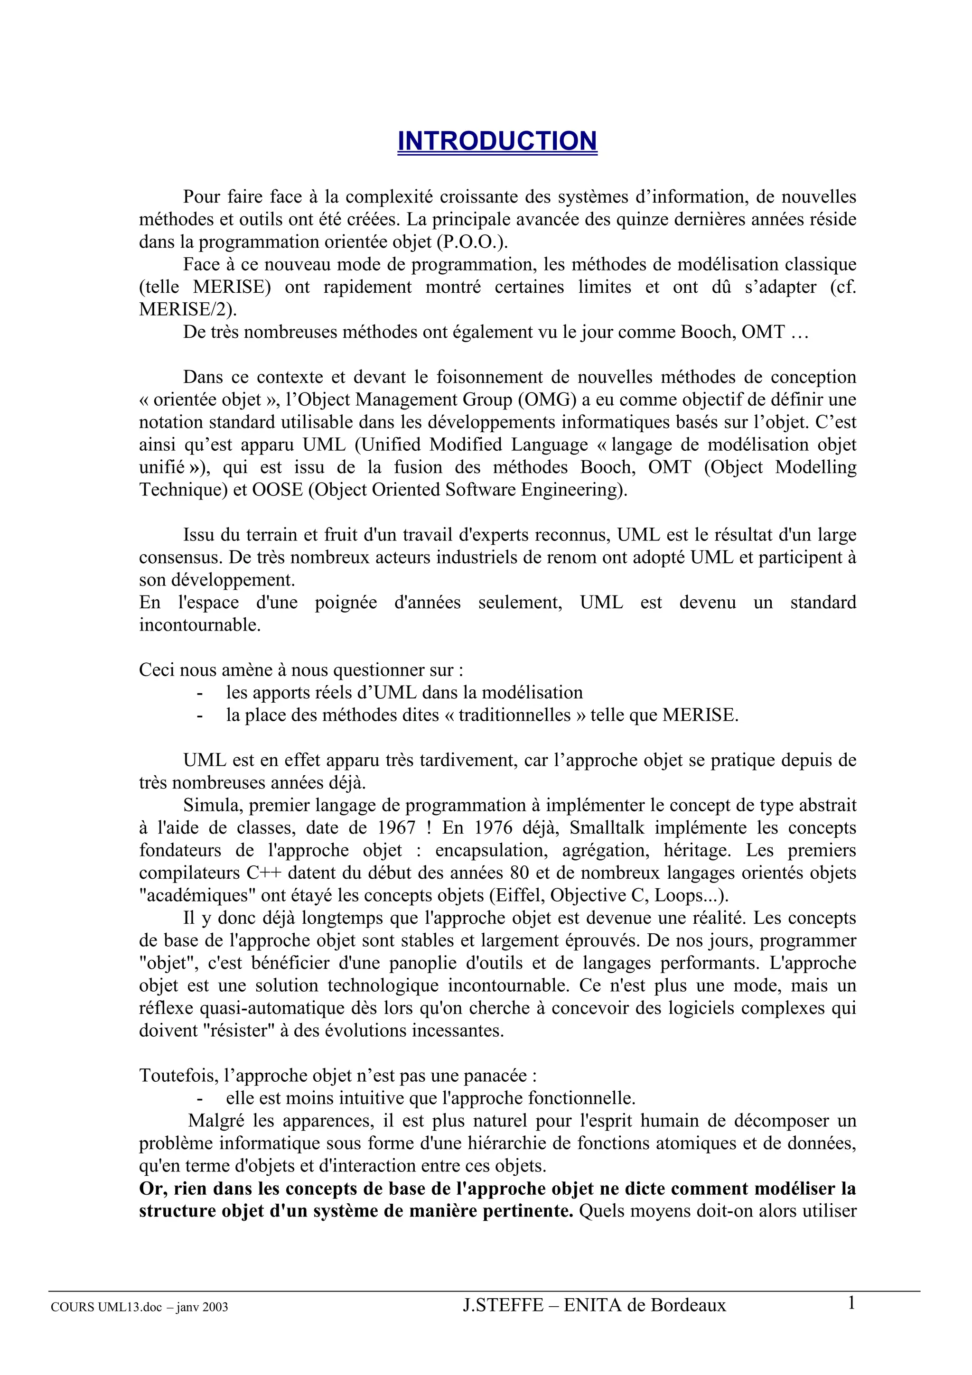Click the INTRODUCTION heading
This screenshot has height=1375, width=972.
[x=497, y=141]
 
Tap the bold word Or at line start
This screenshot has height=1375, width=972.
[x=151, y=1188]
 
